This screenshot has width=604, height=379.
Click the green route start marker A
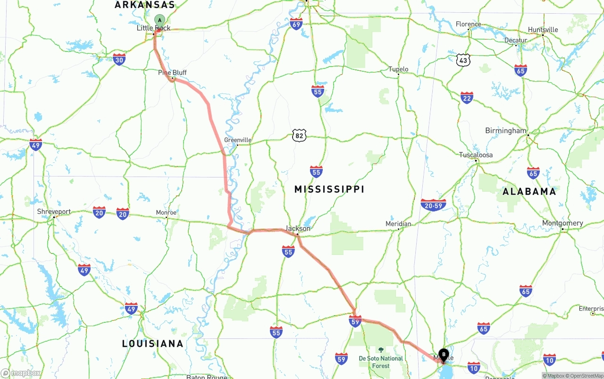click(160, 20)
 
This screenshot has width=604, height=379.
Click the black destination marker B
click(444, 354)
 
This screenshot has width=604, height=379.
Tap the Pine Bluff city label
click(172, 73)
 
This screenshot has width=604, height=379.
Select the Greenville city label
click(237, 140)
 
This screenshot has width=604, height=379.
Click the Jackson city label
click(298, 228)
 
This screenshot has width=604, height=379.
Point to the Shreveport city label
click(54, 211)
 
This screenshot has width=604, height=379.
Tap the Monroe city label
click(166, 213)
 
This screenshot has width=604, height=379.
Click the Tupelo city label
click(398, 69)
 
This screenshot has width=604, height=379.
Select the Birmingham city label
click(505, 131)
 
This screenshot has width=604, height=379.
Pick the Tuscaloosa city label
click(476, 155)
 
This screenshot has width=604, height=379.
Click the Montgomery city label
click(562, 223)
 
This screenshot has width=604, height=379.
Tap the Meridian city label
click(398, 224)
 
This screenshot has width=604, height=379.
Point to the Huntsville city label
click(543, 30)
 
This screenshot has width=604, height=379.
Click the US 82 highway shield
click(299, 136)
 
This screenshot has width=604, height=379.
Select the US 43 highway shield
click(463, 60)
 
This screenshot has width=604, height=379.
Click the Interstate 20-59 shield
click(433, 205)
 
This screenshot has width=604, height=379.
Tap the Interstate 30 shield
click(119, 59)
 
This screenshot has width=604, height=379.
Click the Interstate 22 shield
click(467, 98)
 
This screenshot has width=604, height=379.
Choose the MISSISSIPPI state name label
click(329, 189)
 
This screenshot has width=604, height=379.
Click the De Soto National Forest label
click(381, 362)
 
